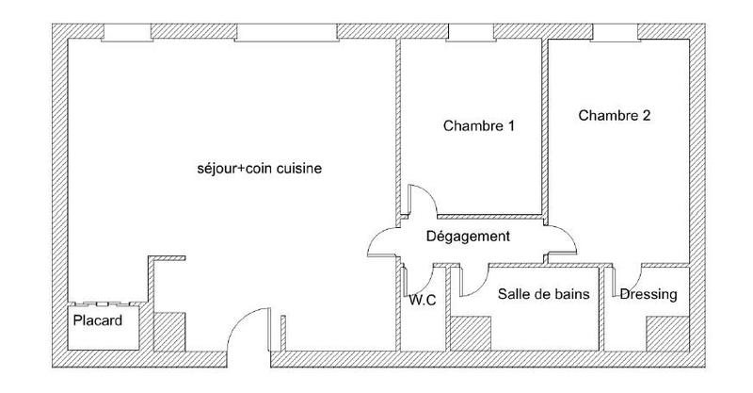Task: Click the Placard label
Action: coord(98,321)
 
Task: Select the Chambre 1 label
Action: coord(478,125)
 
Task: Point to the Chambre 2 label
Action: coord(615,117)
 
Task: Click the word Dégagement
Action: coord(468,237)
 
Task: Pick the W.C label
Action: coord(422,302)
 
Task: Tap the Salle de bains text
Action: coord(544,294)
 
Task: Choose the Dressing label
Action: coord(649,294)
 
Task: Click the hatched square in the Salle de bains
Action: coord(471,333)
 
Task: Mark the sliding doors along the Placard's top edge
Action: coord(104,303)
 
